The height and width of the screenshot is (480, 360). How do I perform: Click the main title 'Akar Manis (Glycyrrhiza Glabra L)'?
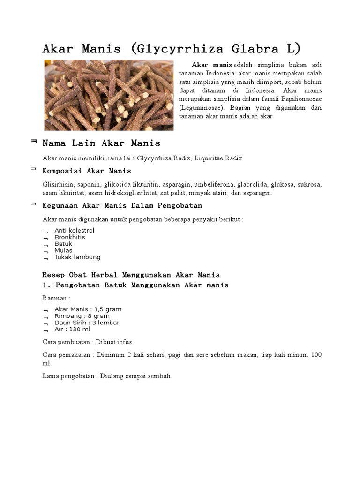pyautogui.click(x=172, y=49)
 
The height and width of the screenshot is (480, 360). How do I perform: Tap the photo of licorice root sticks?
pyautogui.click(x=109, y=95)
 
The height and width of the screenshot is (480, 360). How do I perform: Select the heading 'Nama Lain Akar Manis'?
pyautogui.click(x=101, y=143)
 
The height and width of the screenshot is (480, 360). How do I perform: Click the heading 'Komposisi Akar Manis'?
pyautogui.click(x=87, y=171)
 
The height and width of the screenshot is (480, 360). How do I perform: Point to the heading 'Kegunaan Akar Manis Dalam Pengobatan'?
pyautogui.click(x=122, y=205)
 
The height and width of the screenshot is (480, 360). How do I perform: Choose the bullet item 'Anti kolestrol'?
pyautogui.click(x=74, y=231)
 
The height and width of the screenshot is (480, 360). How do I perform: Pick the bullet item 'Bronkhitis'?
pyautogui.click(x=70, y=237)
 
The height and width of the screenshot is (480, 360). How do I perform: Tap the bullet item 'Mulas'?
pyautogui.click(x=63, y=250)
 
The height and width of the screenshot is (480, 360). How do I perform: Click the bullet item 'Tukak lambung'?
pyautogui.click(x=77, y=257)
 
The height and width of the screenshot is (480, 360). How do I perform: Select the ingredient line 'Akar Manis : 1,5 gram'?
pyautogui.click(x=88, y=309)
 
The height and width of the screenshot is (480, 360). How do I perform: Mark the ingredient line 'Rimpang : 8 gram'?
pyautogui.click(x=82, y=316)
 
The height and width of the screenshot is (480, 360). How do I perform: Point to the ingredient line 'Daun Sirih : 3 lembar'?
pyautogui.click(x=87, y=322)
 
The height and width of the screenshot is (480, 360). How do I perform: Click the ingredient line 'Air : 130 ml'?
pyautogui.click(x=72, y=329)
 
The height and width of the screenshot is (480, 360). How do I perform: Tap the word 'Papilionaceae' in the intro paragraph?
pyautogui.click(x=301, y=99)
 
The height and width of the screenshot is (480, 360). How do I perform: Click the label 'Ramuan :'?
pyautogui.click(x=56, y=298)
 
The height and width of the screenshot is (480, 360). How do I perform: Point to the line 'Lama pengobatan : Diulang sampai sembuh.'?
pyautogui.click(x=107, y=376)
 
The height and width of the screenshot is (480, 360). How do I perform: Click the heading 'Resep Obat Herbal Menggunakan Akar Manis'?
pyautogui.click(x=131, y=275)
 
